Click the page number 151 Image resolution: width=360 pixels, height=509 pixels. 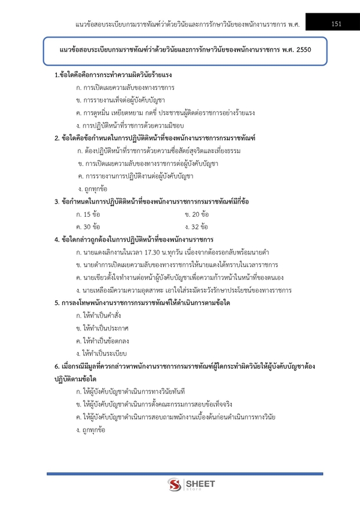point(337,24)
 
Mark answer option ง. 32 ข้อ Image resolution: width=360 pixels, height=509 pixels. point(197,227)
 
